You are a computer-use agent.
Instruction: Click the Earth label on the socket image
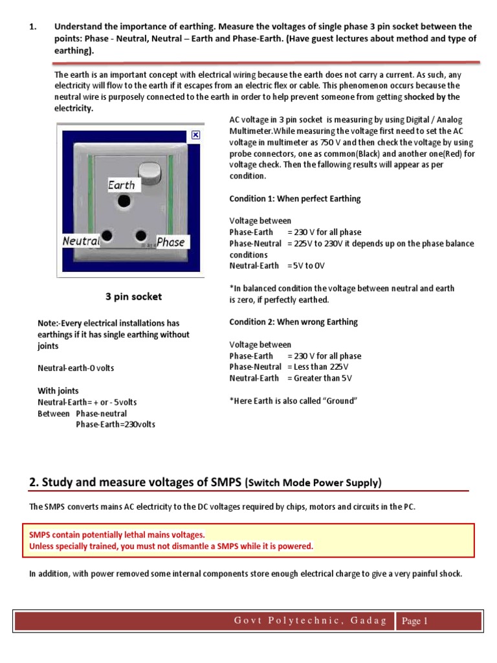pyautogui.click(x=121, y=185)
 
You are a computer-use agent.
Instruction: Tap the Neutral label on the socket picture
pyautogui.click(x=81, y=241)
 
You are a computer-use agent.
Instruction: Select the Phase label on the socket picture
pyautogui.click(x=171, y=242)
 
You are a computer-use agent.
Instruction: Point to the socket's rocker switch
pyautogui.click(x=151, y=172)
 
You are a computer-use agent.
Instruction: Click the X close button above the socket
pyautogui.click(x=196, y=135)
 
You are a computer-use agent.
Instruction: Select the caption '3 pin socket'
pyautogui.click(x=133, y=297)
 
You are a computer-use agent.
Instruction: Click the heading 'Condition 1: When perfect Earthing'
pyautogui.click(x=295, y=198)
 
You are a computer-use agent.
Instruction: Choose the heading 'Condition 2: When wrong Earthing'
pyautogui.click(x=293, y=322)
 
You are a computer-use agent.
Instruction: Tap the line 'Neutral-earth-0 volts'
pyautogui.click(x=75, y=368)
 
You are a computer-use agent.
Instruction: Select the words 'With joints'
pyautogui.click(x=58, y=390)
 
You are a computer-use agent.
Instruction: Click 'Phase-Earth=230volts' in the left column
pyautogui.click(x=115, y=425)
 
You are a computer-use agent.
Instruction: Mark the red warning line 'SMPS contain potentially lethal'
pyautogui.click(x=116, y=534)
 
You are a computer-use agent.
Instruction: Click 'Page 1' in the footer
pyautogui.click(x=415, y=621)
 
